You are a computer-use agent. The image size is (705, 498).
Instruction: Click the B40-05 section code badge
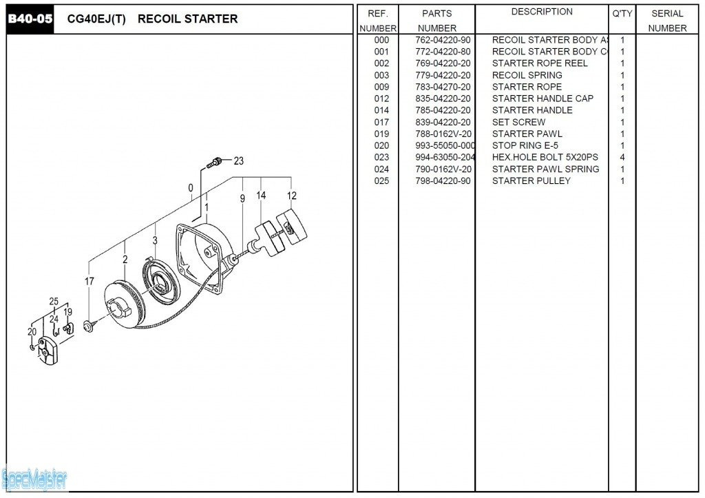[30, 19]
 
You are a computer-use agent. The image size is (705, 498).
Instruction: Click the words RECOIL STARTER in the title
[187, 19]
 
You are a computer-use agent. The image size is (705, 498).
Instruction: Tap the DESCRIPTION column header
[542, 12]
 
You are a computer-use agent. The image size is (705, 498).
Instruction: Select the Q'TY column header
[622, 13]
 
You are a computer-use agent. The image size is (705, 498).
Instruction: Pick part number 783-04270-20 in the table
[443, 87]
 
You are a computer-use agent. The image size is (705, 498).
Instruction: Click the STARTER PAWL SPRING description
[545, 169]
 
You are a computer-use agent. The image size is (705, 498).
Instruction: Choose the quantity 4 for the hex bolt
[622, 157]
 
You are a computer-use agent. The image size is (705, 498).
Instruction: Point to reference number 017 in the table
[381, 122]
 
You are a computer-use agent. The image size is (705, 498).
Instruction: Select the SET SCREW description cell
[518, 122]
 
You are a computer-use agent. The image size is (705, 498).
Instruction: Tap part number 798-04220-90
[443, 180]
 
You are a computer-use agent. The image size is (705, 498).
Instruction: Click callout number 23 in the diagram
[238, 161]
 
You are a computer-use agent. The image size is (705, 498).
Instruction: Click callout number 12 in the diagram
[292, 196]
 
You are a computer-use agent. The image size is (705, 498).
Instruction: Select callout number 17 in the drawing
[90, 281]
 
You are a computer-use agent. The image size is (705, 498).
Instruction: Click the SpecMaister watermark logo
[34, 478]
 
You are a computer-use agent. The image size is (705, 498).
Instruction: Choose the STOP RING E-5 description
[525, 145]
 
